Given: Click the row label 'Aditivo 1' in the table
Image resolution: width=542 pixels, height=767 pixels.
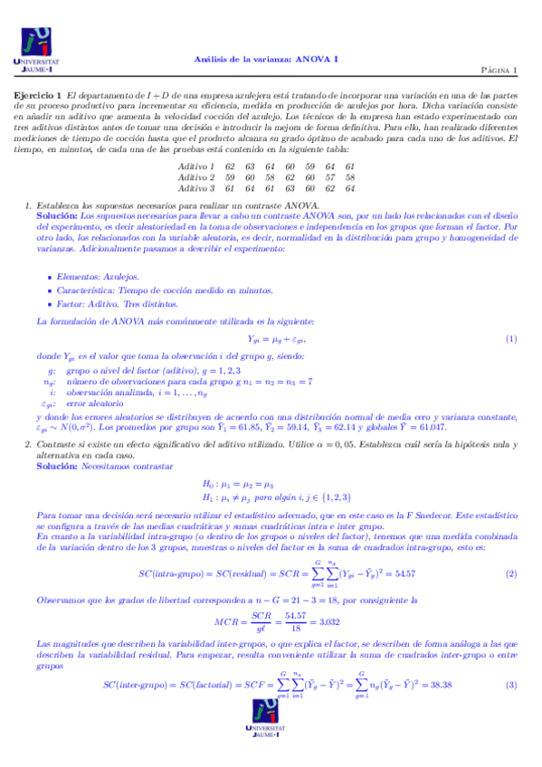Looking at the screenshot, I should (196, 166).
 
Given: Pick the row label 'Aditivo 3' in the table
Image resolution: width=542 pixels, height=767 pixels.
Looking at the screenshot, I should (196, 188).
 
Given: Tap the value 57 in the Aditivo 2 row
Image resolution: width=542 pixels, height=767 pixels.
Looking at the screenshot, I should (330, 177).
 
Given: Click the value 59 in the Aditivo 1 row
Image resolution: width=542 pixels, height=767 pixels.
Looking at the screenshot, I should (310, 166).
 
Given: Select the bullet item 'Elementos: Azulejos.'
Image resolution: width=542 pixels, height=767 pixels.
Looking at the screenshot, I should (85, 275).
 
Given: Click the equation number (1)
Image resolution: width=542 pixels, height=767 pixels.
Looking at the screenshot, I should (510, 338).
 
